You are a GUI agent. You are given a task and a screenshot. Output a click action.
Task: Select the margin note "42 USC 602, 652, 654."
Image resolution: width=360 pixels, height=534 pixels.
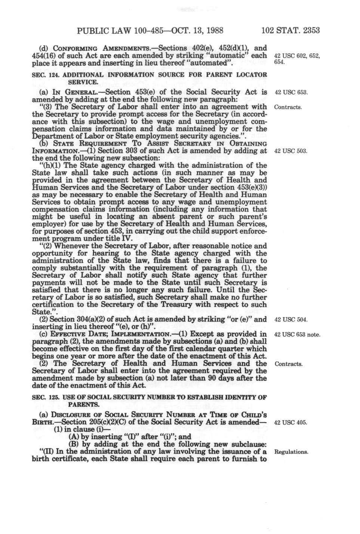pyautogui.click(x=297, y=59)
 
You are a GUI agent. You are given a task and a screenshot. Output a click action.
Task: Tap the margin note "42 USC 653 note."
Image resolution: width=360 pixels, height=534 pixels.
pyautogui.click(x=297, y=334)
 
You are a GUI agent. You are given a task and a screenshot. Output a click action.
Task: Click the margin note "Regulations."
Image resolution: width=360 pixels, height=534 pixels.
pyautogui.click(x=291, y=452)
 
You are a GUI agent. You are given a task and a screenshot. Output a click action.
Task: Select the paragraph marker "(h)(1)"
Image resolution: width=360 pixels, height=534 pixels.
pyautogui.click(x=49, y=166)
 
